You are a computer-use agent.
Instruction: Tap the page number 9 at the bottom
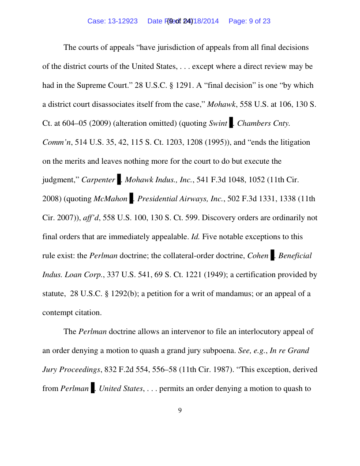180,411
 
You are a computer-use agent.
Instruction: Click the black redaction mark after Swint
231,123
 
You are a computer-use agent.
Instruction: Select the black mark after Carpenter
119,179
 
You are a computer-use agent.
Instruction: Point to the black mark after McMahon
131,198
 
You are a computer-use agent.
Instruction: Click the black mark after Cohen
272,255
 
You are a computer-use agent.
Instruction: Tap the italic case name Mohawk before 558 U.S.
221,104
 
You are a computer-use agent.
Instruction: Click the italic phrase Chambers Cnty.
263,123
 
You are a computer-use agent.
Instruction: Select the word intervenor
172,331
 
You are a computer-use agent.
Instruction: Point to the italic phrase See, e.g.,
252,351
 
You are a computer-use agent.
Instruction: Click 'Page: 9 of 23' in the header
249,21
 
